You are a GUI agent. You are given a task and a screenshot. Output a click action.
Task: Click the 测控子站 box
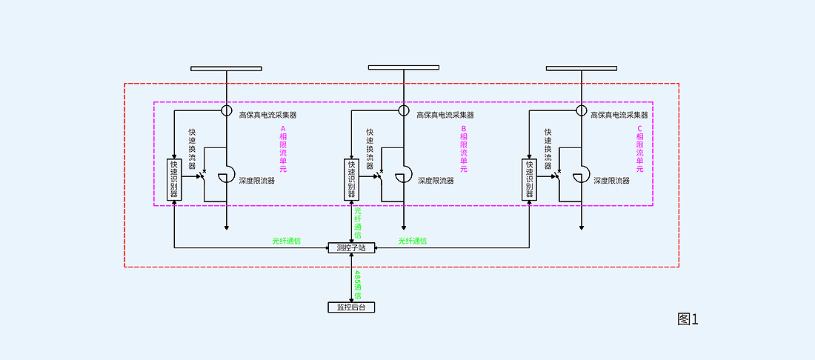click(351, 247)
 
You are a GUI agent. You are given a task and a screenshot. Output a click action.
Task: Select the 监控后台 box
click(351, 307)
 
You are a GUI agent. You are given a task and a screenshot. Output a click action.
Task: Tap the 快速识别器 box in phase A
click(174, 179)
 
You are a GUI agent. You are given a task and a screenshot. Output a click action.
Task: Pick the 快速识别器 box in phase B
click(351, 179)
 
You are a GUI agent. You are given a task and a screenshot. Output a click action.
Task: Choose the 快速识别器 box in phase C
click(529, 179)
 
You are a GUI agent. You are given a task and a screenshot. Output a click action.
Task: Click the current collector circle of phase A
click(227, 111)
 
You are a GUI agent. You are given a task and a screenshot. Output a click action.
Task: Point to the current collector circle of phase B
click(404, 111)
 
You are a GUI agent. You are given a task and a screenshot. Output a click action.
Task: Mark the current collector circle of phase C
click(582, 111)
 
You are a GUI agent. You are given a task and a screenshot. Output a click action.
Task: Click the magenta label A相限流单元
click(283, 149)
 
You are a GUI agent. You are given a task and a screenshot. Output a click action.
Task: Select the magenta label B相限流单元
click(464, 149)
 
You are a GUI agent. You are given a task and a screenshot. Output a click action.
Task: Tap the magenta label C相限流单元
click(640, 149)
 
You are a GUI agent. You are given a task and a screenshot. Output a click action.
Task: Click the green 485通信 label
click(357, 284)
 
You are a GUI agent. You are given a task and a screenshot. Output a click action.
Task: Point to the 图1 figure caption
click(688, 319)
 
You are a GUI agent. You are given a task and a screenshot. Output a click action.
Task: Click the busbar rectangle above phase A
click(226, 68)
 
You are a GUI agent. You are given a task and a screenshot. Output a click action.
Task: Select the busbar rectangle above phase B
click(404, 67)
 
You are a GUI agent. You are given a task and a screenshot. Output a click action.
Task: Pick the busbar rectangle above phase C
click(582, 68)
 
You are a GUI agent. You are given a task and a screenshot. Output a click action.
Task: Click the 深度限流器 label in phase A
click(257, 181)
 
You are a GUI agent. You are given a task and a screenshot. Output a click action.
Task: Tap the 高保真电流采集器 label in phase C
click(619, 115)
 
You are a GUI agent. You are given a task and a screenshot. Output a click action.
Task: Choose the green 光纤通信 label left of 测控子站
click(287, 241)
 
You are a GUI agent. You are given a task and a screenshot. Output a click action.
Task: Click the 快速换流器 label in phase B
click(370, 148)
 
